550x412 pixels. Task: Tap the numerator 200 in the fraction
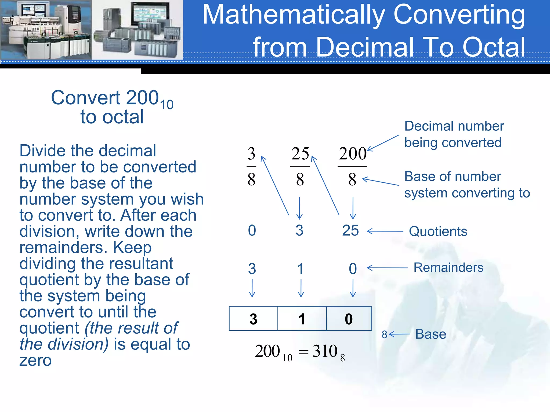353,154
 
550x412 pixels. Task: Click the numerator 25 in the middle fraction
300,154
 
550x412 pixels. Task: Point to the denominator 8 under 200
352,179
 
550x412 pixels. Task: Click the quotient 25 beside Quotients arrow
350,230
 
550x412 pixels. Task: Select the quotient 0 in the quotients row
252,230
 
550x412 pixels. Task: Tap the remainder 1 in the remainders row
301,269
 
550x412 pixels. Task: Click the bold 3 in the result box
253,319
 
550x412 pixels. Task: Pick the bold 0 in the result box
349,319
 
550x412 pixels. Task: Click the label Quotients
438,231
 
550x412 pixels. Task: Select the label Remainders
448,267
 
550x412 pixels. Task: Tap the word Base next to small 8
431,334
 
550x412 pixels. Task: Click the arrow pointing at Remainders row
387,268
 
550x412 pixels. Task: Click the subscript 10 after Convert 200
167,105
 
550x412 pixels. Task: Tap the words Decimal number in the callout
454,126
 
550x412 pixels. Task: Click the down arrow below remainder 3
252,288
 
